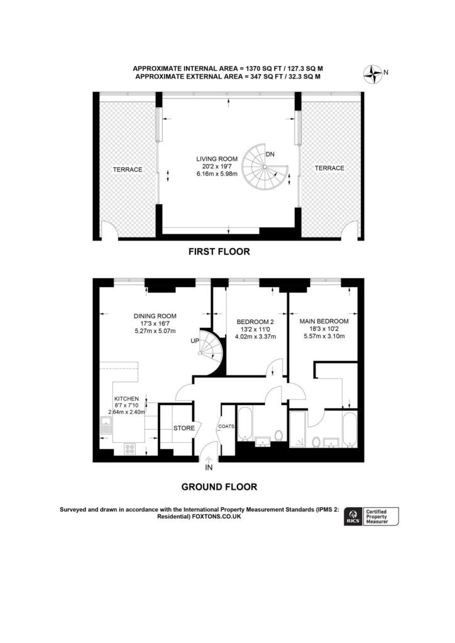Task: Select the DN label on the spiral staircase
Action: click(270, 154)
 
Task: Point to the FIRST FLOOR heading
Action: click(219, 252)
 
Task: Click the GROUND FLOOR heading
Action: click(219, 486)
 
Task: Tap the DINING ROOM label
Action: click(155, 316)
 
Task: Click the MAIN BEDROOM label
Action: click(324, 321)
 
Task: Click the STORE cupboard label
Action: click(184, 428)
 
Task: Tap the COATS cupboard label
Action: click(226, 426)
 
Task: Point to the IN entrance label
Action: click(209, 467)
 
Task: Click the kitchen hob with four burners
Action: click(131, 448)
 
